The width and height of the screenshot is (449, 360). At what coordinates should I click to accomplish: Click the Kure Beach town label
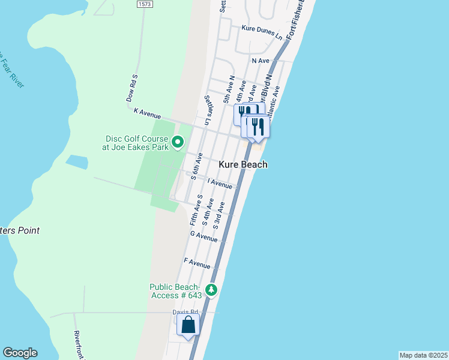point(243,164)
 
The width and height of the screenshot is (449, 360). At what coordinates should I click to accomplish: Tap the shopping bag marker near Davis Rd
point(188,326)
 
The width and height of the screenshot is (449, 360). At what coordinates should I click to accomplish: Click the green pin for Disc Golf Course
point(178,142)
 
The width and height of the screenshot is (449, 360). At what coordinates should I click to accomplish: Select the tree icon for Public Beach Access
point(211,290)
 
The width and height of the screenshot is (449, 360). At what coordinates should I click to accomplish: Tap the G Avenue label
point(203,236)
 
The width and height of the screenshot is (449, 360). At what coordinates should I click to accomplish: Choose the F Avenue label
point(197,263)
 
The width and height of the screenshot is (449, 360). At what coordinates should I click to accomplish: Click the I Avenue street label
point(220,184)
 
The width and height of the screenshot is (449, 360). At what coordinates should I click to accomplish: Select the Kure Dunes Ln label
point(262,32)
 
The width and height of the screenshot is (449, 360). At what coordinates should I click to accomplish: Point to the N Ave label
point(262,61)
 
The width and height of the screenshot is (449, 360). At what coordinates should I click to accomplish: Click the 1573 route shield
point(144,4)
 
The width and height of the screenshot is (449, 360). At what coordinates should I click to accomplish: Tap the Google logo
point(20,353)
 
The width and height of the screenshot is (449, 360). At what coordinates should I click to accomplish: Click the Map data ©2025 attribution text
point(423,355)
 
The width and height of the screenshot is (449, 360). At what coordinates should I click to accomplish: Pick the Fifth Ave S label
point(194,210)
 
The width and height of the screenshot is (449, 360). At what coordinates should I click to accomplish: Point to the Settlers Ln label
point(208,110)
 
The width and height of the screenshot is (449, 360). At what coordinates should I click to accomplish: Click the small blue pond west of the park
point(76,161)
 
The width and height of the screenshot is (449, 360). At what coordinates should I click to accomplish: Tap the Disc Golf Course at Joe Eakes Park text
point(135,142)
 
